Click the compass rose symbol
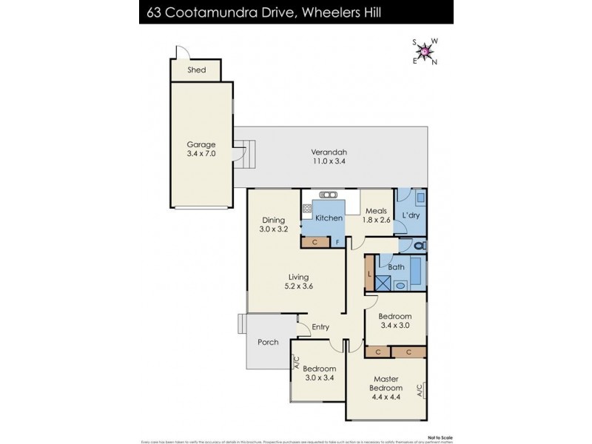pyautogui.click(x=425, y=51)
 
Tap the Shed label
pyautogui.click(x=196, y=70)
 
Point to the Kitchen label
pyautogui.click(x=329, y=218)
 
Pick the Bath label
pyautogui.click(x=395, y=266)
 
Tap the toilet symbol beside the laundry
pyautogui.click(x=418, y=245)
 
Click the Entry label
pyautogui.click(x=320, y=327)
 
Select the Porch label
pyautogui.click(x=267, y=342)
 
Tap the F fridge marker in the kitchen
pyautogui.click(x=337, y=241)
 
